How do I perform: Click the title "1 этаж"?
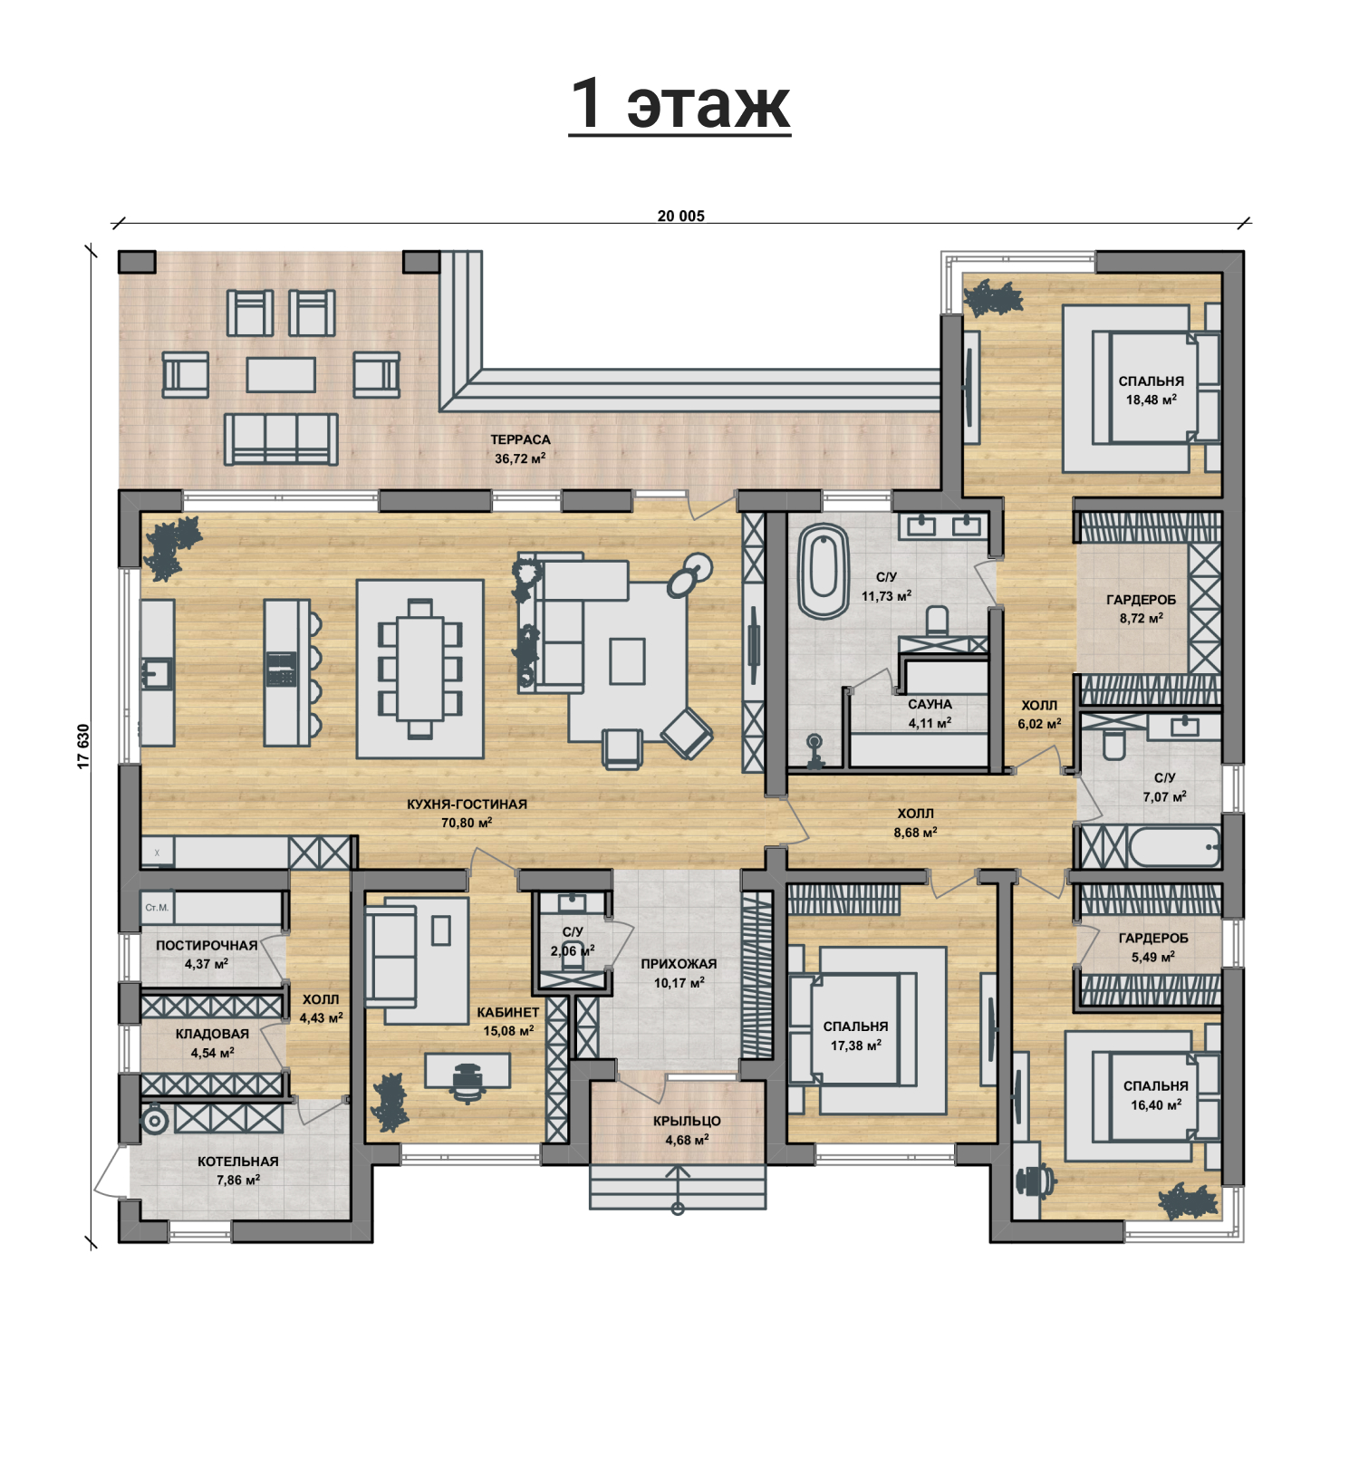click(x=680, y=103)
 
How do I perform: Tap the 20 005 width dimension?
click(x=680, y=216)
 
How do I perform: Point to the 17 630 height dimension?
click(x=83, y=747)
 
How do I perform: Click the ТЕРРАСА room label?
click(x=520, y=439)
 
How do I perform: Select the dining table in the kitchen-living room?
click(x=419, y=669)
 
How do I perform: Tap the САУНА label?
click(x=930, y=704)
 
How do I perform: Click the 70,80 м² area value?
click(x=467, y=823)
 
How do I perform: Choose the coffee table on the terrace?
click(x=281, y=374)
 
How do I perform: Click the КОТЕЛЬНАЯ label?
click(x=238, y=1161)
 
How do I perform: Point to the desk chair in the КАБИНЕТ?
click(x=467, y=1080)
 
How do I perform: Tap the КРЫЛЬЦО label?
click(x=687, y=1121)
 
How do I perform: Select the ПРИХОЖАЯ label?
click(x=679, y=964)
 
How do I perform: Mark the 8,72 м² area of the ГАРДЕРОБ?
click(x=1141, y=619)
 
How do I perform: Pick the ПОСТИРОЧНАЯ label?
click(x=207, y=945)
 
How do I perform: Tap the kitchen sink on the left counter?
click(x=157, y=674)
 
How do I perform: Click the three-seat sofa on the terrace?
click(x=281, y=439)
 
